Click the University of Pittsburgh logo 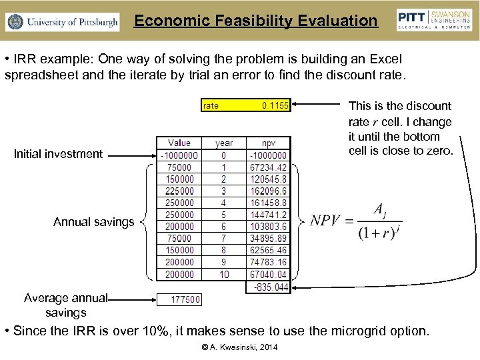click(x=63, y=22)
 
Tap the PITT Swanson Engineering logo click(x=434, y=20)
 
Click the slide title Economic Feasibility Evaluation click(x=255, y=21)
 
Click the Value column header click(x=179, y=143)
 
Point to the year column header click(x=224, y=143)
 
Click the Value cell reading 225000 click(x=179, y=191)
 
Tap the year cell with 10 click(x=224, y=274)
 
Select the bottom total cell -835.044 click(x=271, y=287)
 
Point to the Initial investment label click(x=59, y=154)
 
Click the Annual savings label click(x=94, y=222)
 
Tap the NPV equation click(x=357, y=221)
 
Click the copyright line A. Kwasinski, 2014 click(x=240, y=347)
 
